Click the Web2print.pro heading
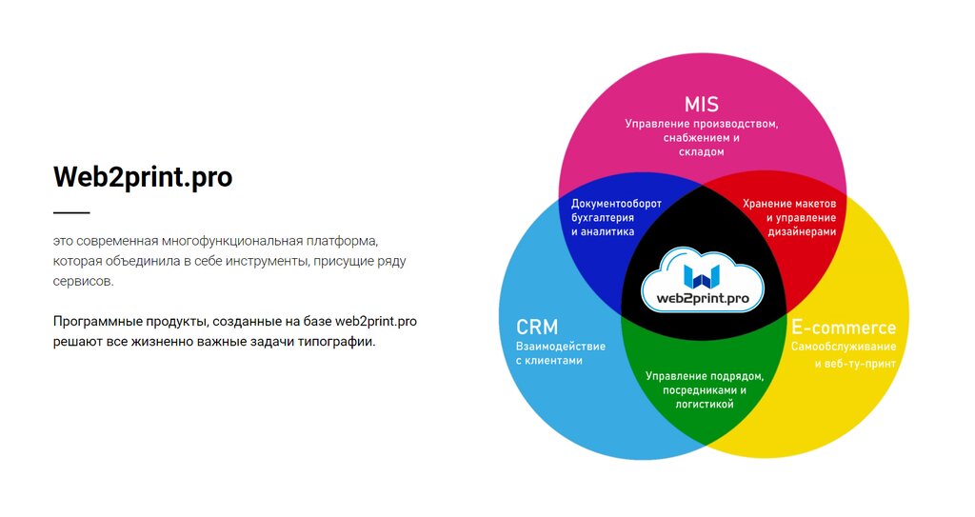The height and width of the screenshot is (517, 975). click(x=143, y=177)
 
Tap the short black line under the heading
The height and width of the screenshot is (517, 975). click(x=71, y=212)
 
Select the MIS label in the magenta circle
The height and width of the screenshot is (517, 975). click(x=701, y=104)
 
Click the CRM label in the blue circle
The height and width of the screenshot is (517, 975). click(x=537, y=328)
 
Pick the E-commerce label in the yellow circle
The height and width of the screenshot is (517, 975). click(x=844, y=328)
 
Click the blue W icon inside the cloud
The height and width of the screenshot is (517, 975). click(x=703, y=275)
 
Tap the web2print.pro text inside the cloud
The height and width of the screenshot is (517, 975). click(x=703, y=299)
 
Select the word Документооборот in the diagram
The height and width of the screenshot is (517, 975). click(x=616, y=204)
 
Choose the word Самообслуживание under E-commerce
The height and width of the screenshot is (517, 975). click(x=844, y=347)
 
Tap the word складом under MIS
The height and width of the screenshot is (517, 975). click(x=702, y=152)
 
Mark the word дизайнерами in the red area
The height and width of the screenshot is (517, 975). click(x=802, y=231)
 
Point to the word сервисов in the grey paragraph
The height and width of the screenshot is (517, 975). click(x=83, y=282)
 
